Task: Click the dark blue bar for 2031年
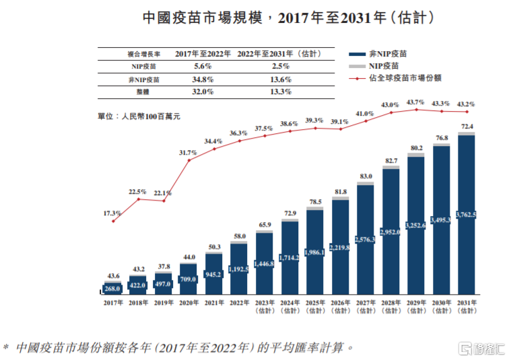[466, 215]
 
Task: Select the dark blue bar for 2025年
[314, 252]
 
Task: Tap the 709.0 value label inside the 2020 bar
[189, 279]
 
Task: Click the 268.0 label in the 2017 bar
[112, 289]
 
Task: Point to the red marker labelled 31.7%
[189, 160]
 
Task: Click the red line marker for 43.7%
[417, 110]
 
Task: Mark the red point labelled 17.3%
[113, 221]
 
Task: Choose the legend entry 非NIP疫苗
[378, 54]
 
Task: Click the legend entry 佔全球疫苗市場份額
[395, 78]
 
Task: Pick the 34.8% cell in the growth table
[203, 79]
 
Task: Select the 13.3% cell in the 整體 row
[281, 92]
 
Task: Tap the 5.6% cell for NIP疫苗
[203, 66]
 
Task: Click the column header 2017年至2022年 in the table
[203, 54]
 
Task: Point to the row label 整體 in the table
[143, 92]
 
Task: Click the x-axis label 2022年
[240, 303]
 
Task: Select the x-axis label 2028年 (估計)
[391, 307]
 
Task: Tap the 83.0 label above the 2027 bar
[366, 176]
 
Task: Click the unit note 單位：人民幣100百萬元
[139, 116]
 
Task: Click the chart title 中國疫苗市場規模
[203, 17]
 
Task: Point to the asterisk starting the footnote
[5, 347]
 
